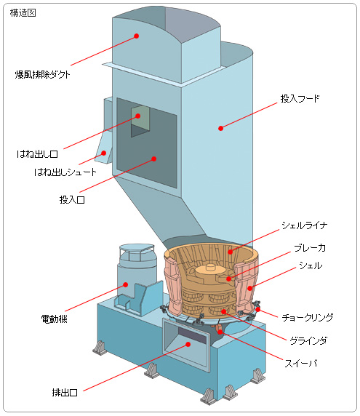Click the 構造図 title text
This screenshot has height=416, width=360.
click(23, 13)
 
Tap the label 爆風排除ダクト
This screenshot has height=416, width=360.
click(42, 75)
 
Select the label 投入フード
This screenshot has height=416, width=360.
click(300, 99)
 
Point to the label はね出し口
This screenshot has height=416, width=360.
click(37, 154)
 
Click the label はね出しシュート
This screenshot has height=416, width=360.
click(65, 172)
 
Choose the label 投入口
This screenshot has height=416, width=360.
click(72, 199)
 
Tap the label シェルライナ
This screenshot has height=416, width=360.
click(304, 225)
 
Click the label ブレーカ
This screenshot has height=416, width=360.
click(310, 248)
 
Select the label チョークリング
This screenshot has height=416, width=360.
click(307, 317)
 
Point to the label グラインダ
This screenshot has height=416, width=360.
click(308, 340)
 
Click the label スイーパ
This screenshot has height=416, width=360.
click(301, 363)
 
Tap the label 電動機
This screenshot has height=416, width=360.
click(54, 319)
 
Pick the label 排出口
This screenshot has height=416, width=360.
click(65, 392)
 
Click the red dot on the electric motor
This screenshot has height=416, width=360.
click(126, 284)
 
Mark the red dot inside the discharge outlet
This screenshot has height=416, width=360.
click(188, 344)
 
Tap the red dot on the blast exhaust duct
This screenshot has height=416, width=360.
click(136, 36)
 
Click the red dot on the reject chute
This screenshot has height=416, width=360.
click(104, 153)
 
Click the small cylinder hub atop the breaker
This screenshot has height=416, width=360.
click(210, 267)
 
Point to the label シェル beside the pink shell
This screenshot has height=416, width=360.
click(311, 265)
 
